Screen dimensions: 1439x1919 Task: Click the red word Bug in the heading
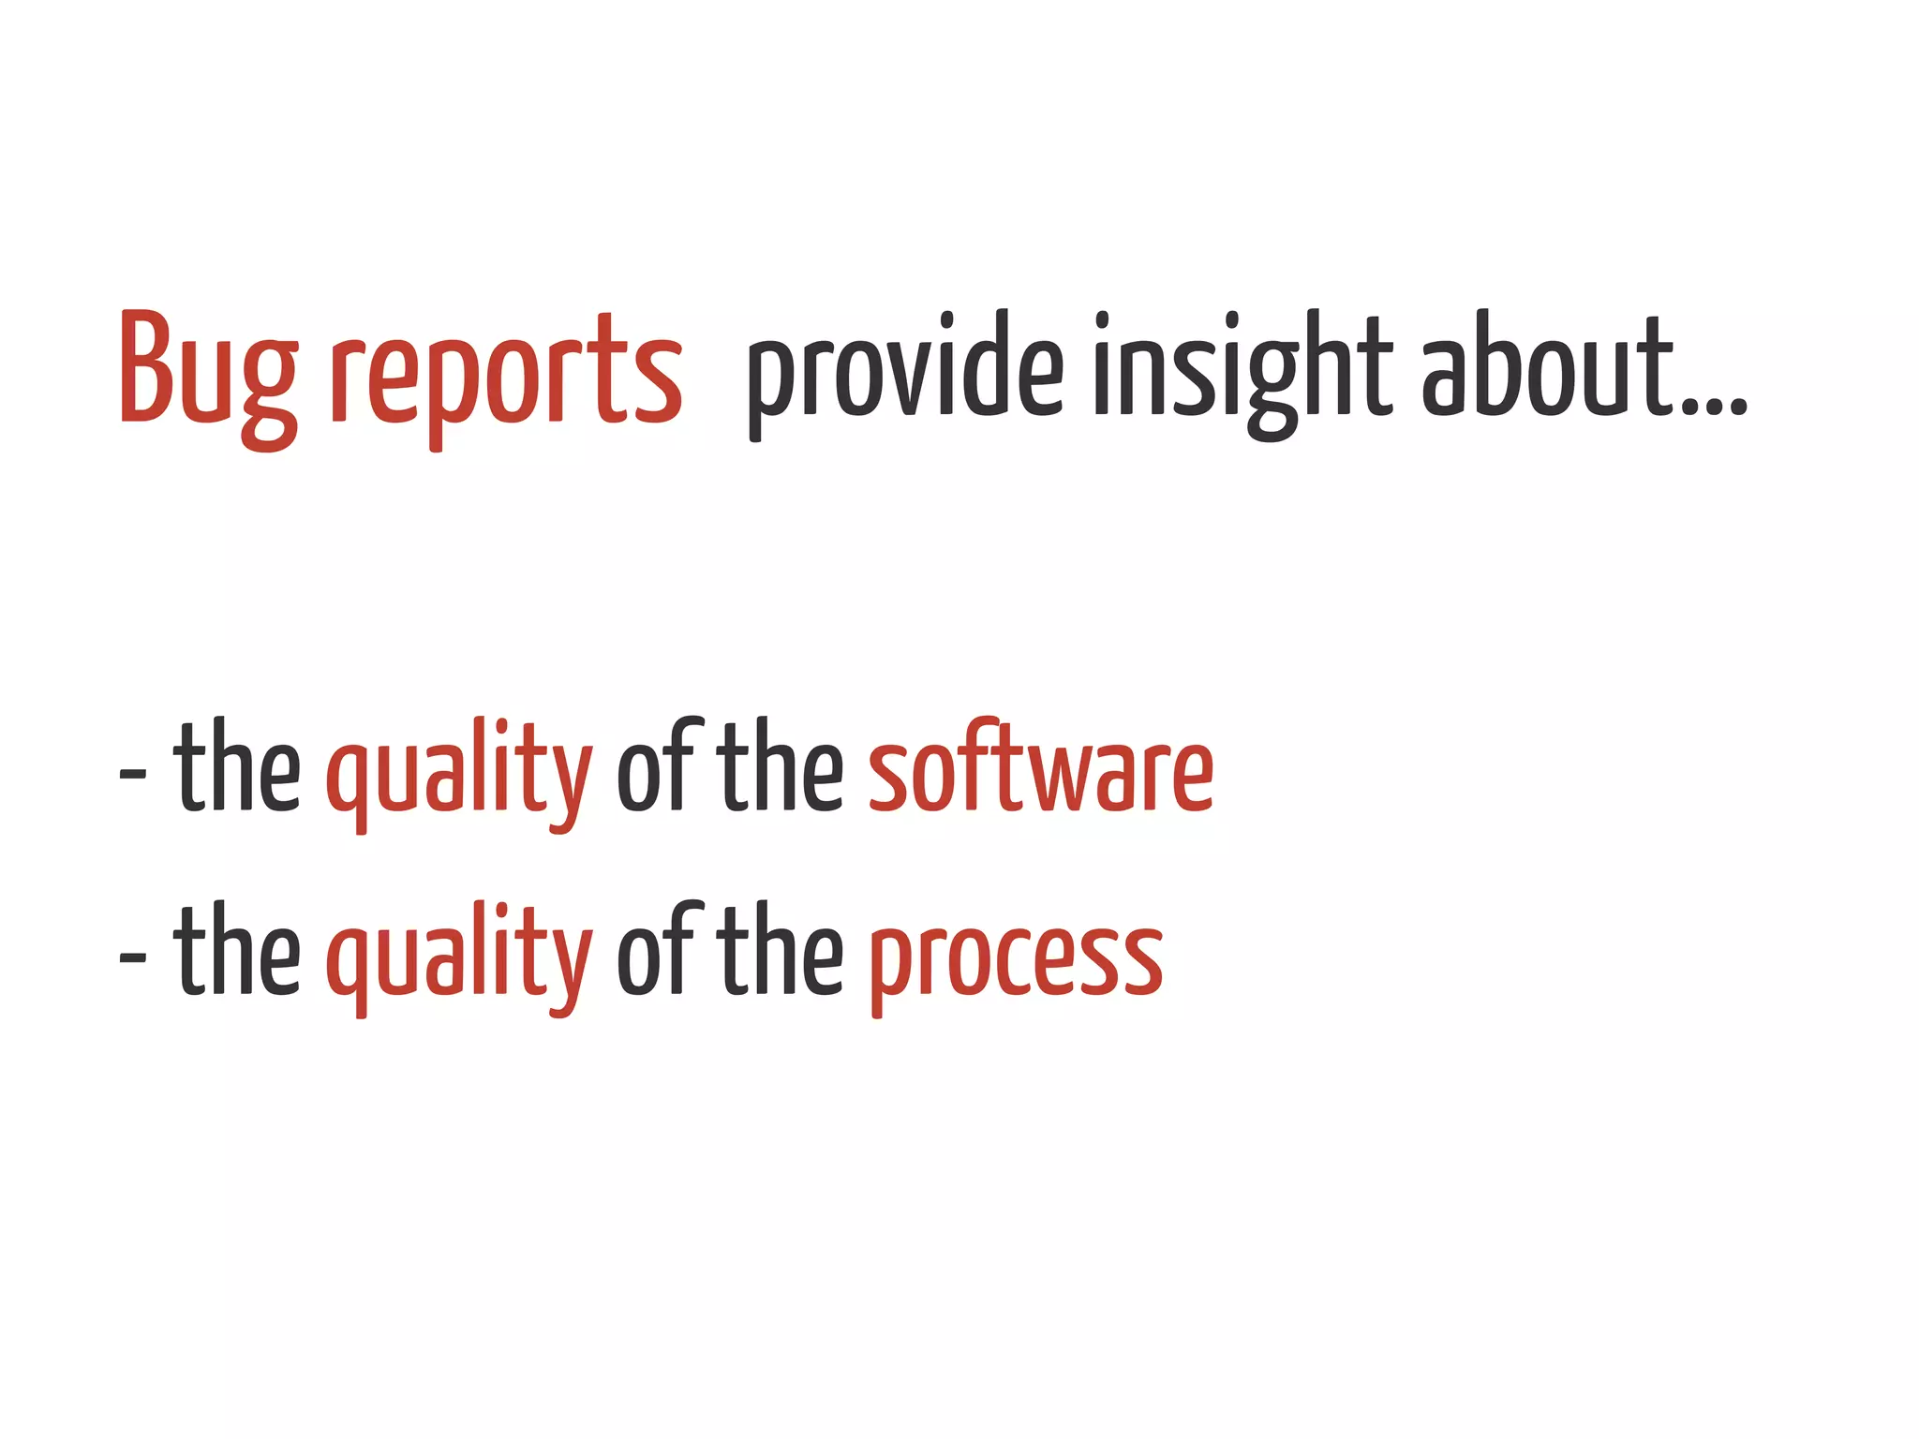pyautogui.click(x=208, y=370)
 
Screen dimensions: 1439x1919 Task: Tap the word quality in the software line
pyautogui.click(x=459, y=773)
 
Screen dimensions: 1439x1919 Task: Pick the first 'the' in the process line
pyautogui.click(x=237, y=952)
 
